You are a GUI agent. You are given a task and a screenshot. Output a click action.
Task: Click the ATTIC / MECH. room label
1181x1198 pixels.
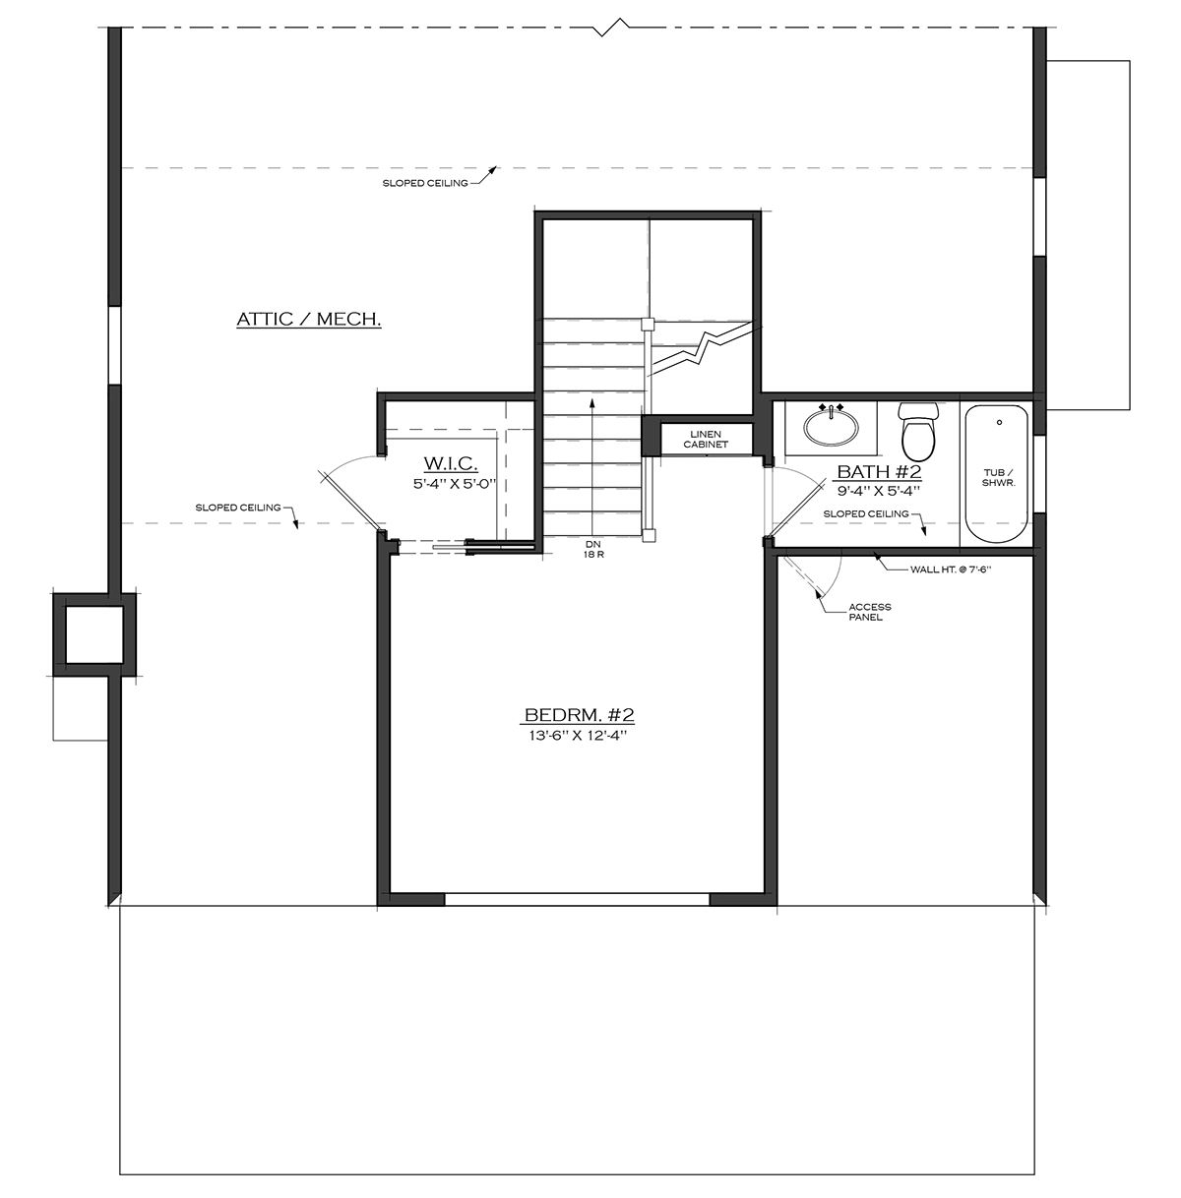click(x=308, y=320)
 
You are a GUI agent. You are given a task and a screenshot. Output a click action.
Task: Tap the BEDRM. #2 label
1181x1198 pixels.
click(x=572, y=715)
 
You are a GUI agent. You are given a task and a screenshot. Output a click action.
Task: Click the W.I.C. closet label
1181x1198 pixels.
click(x=451, y=463)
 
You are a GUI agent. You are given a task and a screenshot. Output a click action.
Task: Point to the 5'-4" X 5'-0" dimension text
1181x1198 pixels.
click(x=451, y=483)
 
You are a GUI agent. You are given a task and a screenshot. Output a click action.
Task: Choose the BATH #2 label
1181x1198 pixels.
click(x=878, y=471)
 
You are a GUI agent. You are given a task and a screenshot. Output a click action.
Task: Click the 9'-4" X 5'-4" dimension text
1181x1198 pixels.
click(x=878, y=490)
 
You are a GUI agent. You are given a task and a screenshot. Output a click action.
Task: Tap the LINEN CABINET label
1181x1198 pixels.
click(x=705, y=439)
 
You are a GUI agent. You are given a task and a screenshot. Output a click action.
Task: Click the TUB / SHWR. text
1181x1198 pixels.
click(x=999, y=478)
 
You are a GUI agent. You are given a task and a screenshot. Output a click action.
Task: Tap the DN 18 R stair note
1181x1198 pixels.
click(x=592, y=548)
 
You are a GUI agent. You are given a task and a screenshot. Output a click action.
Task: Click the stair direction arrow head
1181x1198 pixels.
click(x=592, y=401)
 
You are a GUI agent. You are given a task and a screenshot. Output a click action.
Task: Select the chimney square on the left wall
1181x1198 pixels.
click(x=93, y=635)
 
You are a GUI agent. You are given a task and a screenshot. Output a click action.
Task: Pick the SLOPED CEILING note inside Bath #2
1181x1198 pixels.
click(x=866, y=513)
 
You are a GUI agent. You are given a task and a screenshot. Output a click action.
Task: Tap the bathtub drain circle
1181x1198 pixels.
click(x=998, y=422)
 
